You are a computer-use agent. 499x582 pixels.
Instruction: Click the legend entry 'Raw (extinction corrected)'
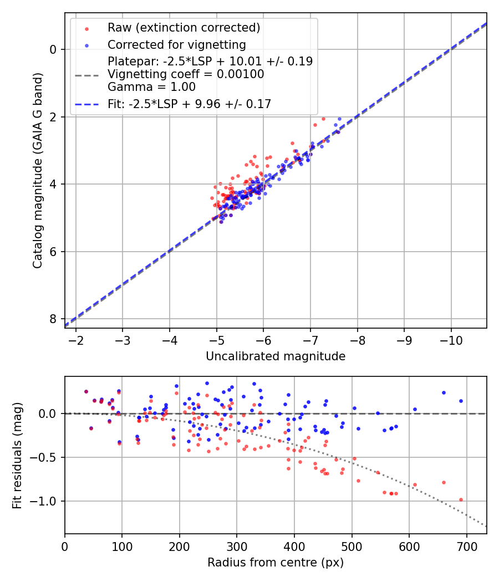(x=184, y=28)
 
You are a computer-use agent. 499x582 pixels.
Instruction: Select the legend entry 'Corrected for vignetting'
(x=176, y=44)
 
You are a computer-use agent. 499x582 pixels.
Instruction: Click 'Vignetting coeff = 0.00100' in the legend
(x=186, y=74)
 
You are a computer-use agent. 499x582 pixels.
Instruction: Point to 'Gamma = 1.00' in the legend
(x=151, y=87)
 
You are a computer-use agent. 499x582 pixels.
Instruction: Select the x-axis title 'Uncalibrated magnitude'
(x=276, y=356)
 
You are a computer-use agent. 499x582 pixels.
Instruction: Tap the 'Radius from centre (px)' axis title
(x=276, y=563)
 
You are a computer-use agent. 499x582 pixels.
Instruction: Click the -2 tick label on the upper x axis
(x=76, y=339)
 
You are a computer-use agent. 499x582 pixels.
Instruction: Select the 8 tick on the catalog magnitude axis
(x=53, y=319)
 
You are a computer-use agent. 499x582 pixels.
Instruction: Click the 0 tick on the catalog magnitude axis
(x=53, y=49)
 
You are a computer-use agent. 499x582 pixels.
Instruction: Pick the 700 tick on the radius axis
(x=466, y=545)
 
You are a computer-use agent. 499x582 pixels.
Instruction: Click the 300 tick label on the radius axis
(x=237, y=545)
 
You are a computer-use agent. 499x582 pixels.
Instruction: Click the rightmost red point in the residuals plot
(x=461, y=499)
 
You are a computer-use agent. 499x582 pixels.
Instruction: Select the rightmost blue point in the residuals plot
(x=461, y=401)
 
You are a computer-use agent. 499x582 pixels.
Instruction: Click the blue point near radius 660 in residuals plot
(x=444, y=392)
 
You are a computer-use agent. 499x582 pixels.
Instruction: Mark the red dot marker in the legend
(x=86, y=28)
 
